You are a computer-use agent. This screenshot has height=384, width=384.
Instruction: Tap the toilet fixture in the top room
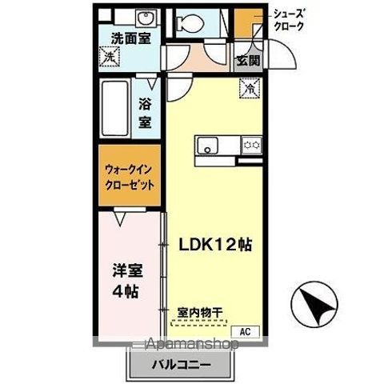191,21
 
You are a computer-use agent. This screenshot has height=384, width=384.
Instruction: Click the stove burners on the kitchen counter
252,145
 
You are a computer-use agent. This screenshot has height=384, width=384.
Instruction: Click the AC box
245,330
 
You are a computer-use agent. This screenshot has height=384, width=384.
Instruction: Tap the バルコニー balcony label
182,366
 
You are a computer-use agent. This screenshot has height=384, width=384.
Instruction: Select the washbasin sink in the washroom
144,18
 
